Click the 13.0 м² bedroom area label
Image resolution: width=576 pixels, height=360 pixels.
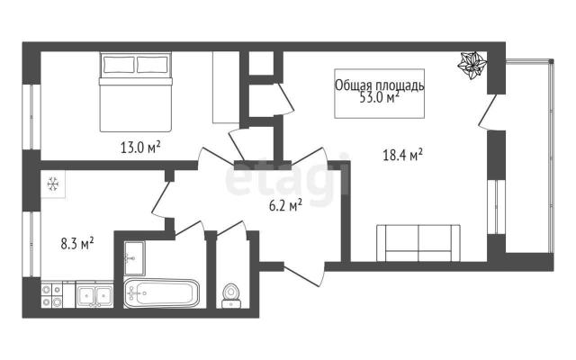(x=140, y=148)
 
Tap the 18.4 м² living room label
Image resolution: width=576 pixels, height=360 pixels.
(x=402, y=155)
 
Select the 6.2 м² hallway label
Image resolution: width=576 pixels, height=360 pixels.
(x=286, y=205)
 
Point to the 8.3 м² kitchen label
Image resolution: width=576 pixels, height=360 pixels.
(x=77, y=244)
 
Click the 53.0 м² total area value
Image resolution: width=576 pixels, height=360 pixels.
(x=379, y=98)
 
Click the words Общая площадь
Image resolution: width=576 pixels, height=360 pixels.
(x=380, y=85)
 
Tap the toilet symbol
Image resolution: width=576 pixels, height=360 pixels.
(x=231, y=295)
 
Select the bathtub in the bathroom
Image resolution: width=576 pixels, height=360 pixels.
(x=162, y=293)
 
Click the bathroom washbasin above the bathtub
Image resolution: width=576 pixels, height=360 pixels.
(x=134, y=258)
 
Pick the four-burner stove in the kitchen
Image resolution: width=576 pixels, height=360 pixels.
(x=51, y=295)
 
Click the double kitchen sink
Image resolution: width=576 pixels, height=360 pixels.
(x=94, y=295)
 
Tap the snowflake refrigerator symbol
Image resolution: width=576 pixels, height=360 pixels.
(x=53, y=184)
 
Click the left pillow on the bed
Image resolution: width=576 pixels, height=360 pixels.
(x=119, y=65)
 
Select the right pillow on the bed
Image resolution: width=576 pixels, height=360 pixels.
(x=152, y=65)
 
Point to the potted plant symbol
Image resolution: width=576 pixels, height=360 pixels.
(x=472, y=65)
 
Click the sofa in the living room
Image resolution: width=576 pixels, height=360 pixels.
(x=418, y=243)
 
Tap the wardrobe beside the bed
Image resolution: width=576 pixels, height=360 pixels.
(x=226, y=87)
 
